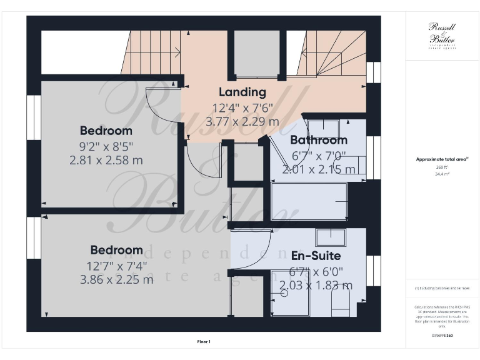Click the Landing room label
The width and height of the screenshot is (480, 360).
(x=242, y=92)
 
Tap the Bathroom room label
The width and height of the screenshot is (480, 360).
(x=319, y=140)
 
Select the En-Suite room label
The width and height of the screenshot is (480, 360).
(x=316, y=256)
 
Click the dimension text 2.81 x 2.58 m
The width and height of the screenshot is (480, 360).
(x=106, y=160)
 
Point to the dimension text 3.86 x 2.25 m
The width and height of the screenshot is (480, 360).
(x=116, y=279)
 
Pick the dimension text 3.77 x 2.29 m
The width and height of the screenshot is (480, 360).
(x=242, y=122)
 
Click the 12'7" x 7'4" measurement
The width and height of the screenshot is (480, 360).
(x=116, y=266)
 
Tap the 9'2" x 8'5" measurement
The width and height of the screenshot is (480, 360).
(x=106, y=146)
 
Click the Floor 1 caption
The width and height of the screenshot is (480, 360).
(x=204, y=342)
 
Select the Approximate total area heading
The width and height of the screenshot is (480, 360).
(x=442, y=159)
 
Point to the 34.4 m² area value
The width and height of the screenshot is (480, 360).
(x=442, y=174)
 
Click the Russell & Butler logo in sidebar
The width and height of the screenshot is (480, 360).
(x=442, y=34)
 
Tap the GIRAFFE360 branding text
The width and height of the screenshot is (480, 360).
(x=442, y=336)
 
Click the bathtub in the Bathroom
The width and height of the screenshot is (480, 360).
(x=309, y=201)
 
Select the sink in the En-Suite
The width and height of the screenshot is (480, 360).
(x=331, y=237)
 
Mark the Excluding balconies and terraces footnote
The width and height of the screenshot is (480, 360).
(x=442, y=288)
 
